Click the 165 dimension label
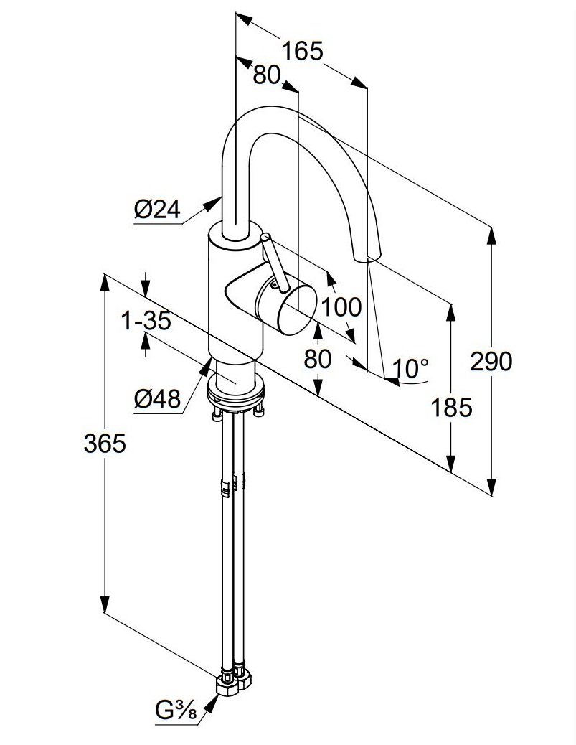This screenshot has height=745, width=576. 302,51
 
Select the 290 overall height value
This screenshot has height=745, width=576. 491,361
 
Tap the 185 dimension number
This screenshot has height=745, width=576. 452,408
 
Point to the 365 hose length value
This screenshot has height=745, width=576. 105,444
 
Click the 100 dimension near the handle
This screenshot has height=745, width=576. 341,307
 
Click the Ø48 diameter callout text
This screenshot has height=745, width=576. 157,398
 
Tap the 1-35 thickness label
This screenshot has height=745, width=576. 146,321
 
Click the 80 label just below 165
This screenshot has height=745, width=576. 266,75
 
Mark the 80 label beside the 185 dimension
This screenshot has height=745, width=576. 318,358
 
